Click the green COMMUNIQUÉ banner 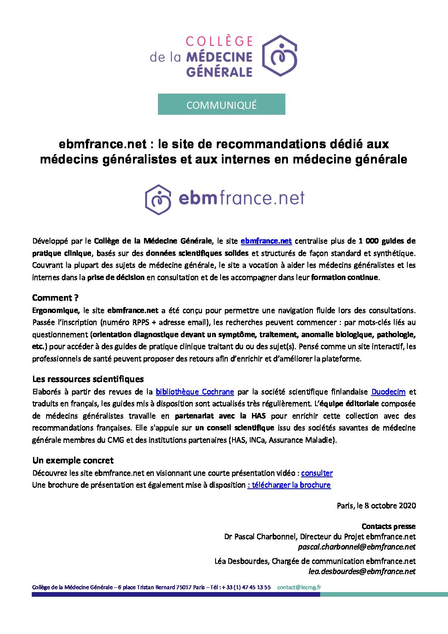point(221,105)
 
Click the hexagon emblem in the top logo point(279,55)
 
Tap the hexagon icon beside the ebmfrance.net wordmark point(158,199)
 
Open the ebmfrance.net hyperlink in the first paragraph point(266,241)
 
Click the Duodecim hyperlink point(388,392)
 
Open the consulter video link point(317,473)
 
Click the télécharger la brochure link point(290,485)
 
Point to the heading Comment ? point(55,298)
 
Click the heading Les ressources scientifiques point(88,379)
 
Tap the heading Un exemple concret point(73,460)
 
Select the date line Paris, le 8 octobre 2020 point(376,505)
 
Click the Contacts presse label point(388,526)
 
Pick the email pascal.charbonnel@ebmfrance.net point(357,547)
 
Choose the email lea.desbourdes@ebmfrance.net point(362,571)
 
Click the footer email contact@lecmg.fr point(299,587)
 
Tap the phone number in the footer point(246,587)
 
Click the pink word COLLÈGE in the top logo point(219,42)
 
